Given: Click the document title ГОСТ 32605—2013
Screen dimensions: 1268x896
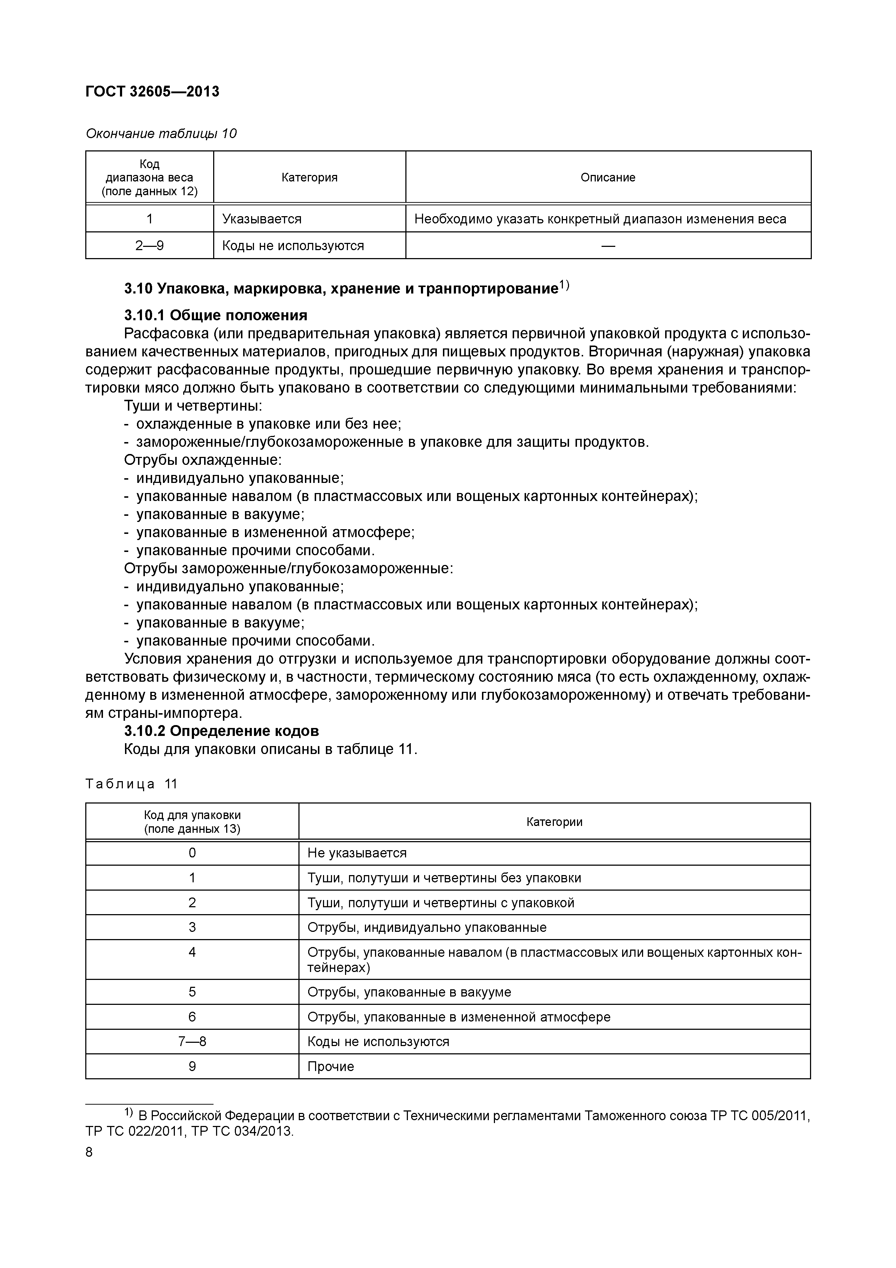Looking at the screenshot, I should coord(152,92).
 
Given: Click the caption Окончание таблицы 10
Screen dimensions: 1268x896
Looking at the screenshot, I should coord(161,134).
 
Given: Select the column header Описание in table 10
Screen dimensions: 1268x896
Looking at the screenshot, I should coord(608,177).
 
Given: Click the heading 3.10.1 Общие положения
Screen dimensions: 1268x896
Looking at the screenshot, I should coord(215,315).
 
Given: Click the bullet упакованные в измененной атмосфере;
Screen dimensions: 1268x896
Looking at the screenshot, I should coord(275,532).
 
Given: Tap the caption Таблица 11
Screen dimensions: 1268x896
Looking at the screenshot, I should coord(132,784).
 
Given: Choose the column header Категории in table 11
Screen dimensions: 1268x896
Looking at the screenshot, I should coord(554,822).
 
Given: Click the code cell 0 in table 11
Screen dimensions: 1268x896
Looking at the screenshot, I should coord(192,853).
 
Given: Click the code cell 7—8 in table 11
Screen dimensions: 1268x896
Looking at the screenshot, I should coord(192,1042).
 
